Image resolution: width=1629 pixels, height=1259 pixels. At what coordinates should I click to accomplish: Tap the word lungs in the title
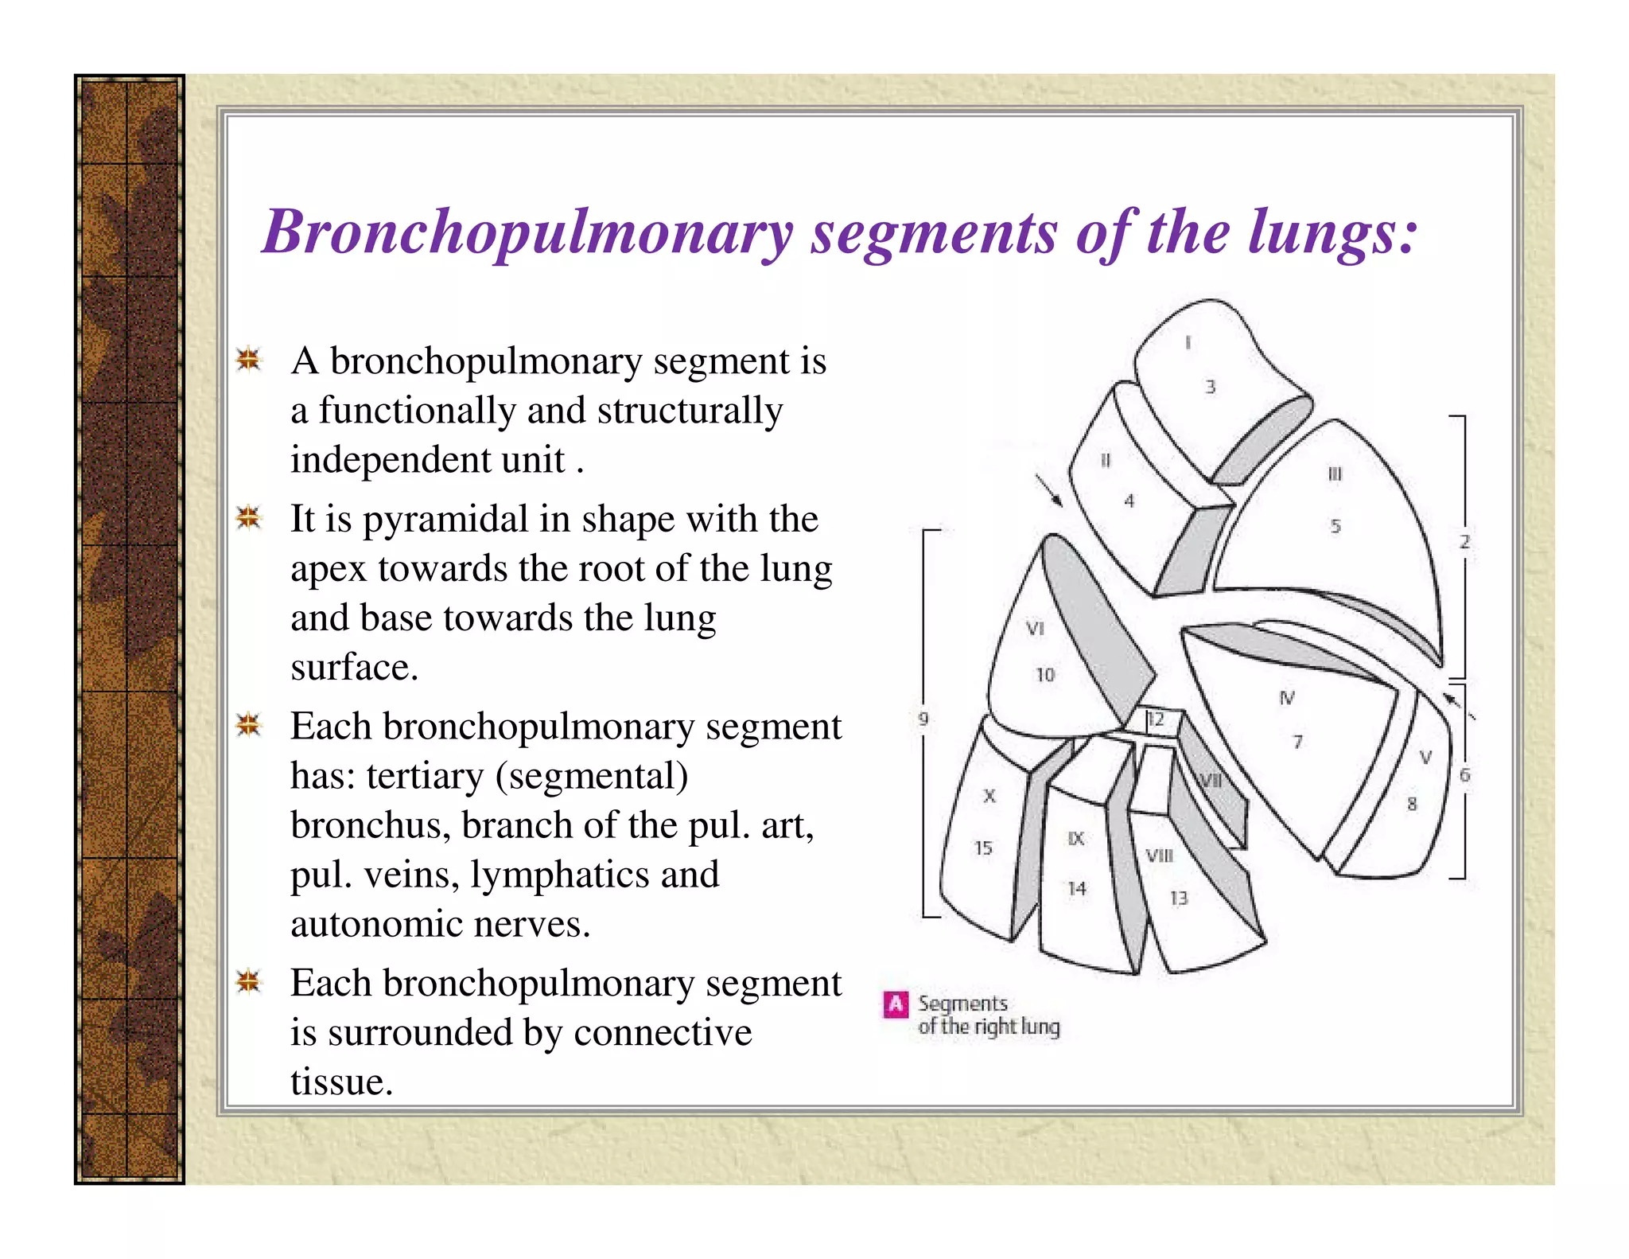pyautogui.click(x=1332, y=232)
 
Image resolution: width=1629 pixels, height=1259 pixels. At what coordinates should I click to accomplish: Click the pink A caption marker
pyautogui.click(x=896, y=1004)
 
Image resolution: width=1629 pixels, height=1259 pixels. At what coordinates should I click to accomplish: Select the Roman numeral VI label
pyautogui.click(x=1034, y=629)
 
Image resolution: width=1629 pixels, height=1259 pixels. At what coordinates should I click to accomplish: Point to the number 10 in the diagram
pyautogui.click(x=1044, y=676)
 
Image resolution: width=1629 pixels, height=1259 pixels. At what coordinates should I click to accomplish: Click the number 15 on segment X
pyautogui.click(x=983, y=848)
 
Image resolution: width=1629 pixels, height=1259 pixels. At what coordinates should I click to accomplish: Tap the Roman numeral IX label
pyautogui.click(x=1075, y=838)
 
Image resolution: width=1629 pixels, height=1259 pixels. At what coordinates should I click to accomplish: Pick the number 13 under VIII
pyautogui.click(x=1178, y=898)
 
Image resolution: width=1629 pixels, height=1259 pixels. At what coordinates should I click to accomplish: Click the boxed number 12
pyautogui.click(x=1155, y=720)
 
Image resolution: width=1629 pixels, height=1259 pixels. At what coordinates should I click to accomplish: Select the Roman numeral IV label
pyautogui.click(x=1286, y=698)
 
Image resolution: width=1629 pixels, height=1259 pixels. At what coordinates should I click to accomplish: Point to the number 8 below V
pyautogui.click(x=1412, y=804)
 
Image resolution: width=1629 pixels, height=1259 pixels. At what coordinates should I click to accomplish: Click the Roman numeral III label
pyautogui.click(x=1335, y=474)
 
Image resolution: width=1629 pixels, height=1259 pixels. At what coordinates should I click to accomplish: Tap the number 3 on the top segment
pyautogui.click(x=1210, y=387)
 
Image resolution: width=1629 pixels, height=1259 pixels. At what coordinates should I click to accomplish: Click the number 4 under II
pyautogui.click(x=1129, y=501)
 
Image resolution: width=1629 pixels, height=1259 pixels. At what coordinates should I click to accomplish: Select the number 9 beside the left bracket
pyautogui.click(x=923, y=719)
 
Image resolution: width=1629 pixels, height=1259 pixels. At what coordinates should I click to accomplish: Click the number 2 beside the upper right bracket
pyautogui.click(x=1464, y=542)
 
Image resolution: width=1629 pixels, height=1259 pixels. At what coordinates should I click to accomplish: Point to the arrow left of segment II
pyautogui.click(x=1048, y=490)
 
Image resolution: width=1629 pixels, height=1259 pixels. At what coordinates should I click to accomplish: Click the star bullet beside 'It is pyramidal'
pyautogui.click(x=249, y=518)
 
